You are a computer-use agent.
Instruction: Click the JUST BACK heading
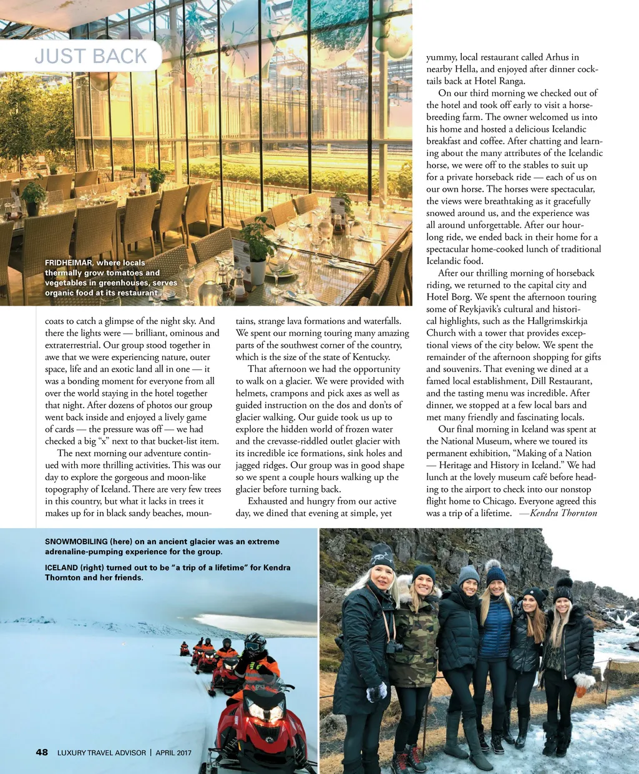pos(90,56)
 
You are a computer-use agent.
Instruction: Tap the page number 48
pos(42,752)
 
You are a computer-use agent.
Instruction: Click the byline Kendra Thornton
pos(563,513)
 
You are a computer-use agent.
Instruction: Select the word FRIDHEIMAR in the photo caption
pos(68,263)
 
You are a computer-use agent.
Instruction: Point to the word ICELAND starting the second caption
pos(61,567)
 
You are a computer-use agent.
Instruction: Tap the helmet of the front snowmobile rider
pos(255,643)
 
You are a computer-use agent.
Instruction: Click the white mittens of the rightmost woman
pos(583,681)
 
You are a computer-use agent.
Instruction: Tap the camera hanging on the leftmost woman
pos(394,647)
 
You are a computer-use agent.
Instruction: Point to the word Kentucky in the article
pos(368,357)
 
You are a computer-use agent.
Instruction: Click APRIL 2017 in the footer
pos(173,753)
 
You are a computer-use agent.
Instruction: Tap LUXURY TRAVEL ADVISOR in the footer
pos(101,753)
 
